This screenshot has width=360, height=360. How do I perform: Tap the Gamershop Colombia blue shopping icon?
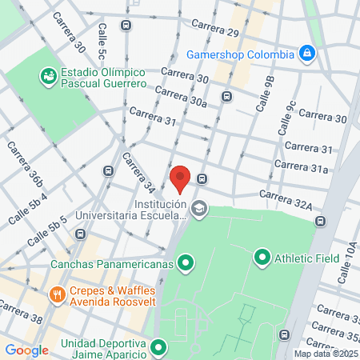[306, 54]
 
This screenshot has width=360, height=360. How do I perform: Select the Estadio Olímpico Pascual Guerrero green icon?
[48, 77]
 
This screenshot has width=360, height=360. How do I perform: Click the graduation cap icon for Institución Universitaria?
[198, 210]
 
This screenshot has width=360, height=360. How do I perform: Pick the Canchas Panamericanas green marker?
[186, 262]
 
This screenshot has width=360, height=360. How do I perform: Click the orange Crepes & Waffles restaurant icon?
[57, 294]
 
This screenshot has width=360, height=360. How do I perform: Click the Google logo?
[26, 350]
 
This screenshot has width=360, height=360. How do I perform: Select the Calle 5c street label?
[102, 42]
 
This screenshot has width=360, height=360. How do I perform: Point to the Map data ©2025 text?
[326, 353]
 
